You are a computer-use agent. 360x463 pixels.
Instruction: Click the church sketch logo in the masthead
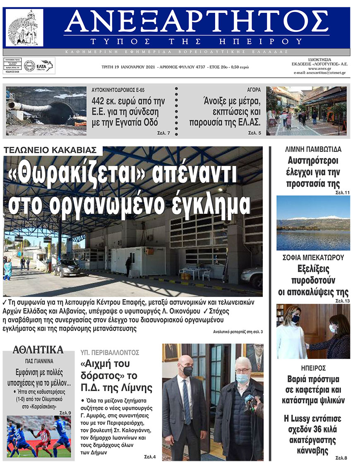click(24, 28)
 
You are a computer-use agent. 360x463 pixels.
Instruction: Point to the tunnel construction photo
click(46, 111)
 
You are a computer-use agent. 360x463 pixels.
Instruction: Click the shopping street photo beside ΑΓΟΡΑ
click(306, 111)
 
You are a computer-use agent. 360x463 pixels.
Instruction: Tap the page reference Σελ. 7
click(163, 133)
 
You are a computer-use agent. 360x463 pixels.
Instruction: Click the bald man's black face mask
click(187, 371)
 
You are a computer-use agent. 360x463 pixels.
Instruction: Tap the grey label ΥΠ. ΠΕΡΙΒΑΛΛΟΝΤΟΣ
click(110, 353)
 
